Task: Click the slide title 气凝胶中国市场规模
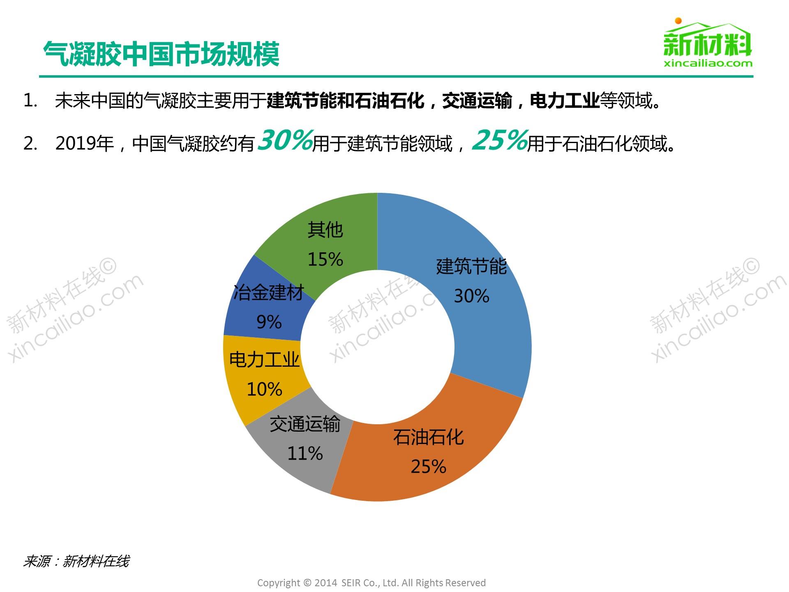click(x=161, y=54)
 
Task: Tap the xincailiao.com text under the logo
click(x=708, y=63)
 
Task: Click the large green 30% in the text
click(x=285, y=140)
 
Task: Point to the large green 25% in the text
click(x=499, y=140)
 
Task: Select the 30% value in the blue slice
click(x=471, y=296)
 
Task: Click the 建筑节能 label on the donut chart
click(x=471, y=266)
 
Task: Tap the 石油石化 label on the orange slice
click(x=428, y=437)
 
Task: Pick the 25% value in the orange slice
click(x=428, y=467)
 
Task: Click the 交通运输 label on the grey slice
click(x=305, y=424)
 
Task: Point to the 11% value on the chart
click(x=305, y=453)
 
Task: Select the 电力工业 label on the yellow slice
click(x=264, y=360)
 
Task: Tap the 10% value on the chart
click(x=264, y=389)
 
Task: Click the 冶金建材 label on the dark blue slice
click(x=268, y=293)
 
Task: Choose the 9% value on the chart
click(x=269, y=322)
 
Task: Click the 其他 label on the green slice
click(x=325, y=230)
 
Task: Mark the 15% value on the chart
click(x=325, y=259)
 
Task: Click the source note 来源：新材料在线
click(x=76, y=561)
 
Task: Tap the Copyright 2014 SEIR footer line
click(x=371, y=583)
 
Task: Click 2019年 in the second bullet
click(x=84, y=143)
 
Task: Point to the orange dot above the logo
click(x=678, y=21)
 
